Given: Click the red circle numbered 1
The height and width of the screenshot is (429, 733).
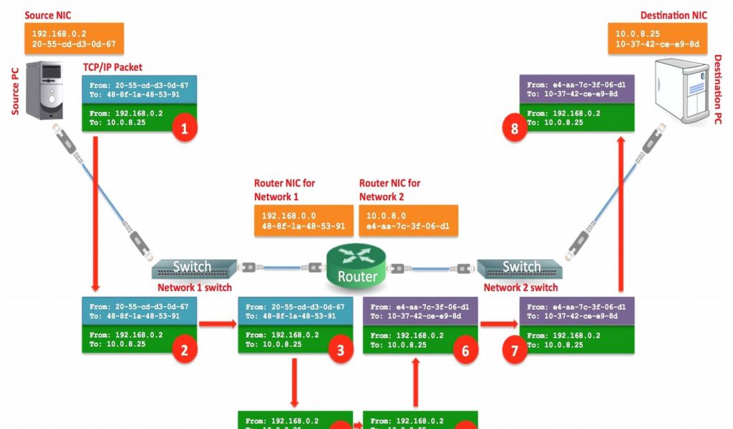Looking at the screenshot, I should click(x=184, y=129).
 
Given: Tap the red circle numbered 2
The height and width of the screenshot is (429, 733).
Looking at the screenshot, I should click(x=184, y=350).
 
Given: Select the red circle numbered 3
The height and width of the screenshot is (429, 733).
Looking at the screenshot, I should click(x=340, y=350).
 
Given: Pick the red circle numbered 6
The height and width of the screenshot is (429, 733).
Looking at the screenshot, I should click(x=465, y=350).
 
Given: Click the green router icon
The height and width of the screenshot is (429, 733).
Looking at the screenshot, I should click(x=357, y=265).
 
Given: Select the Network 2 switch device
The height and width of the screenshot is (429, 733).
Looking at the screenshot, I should click(x=520, y=268).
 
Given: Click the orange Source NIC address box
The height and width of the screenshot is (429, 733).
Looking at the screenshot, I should click(x=74, y=39).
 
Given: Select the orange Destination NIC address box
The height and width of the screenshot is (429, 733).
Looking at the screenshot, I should click(x=657, y=39).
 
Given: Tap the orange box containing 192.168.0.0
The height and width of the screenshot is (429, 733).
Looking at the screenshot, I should click(x=304, y=221).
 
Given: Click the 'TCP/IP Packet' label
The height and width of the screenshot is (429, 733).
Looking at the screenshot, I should click(x=112, y=67).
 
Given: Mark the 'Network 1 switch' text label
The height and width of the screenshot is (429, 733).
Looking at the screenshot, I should click(x=195, y=287).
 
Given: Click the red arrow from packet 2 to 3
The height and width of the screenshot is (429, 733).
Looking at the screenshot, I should click(x=217, y=324).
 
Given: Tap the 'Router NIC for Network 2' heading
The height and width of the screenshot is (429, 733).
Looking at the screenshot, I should click(x=389, y=189).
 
